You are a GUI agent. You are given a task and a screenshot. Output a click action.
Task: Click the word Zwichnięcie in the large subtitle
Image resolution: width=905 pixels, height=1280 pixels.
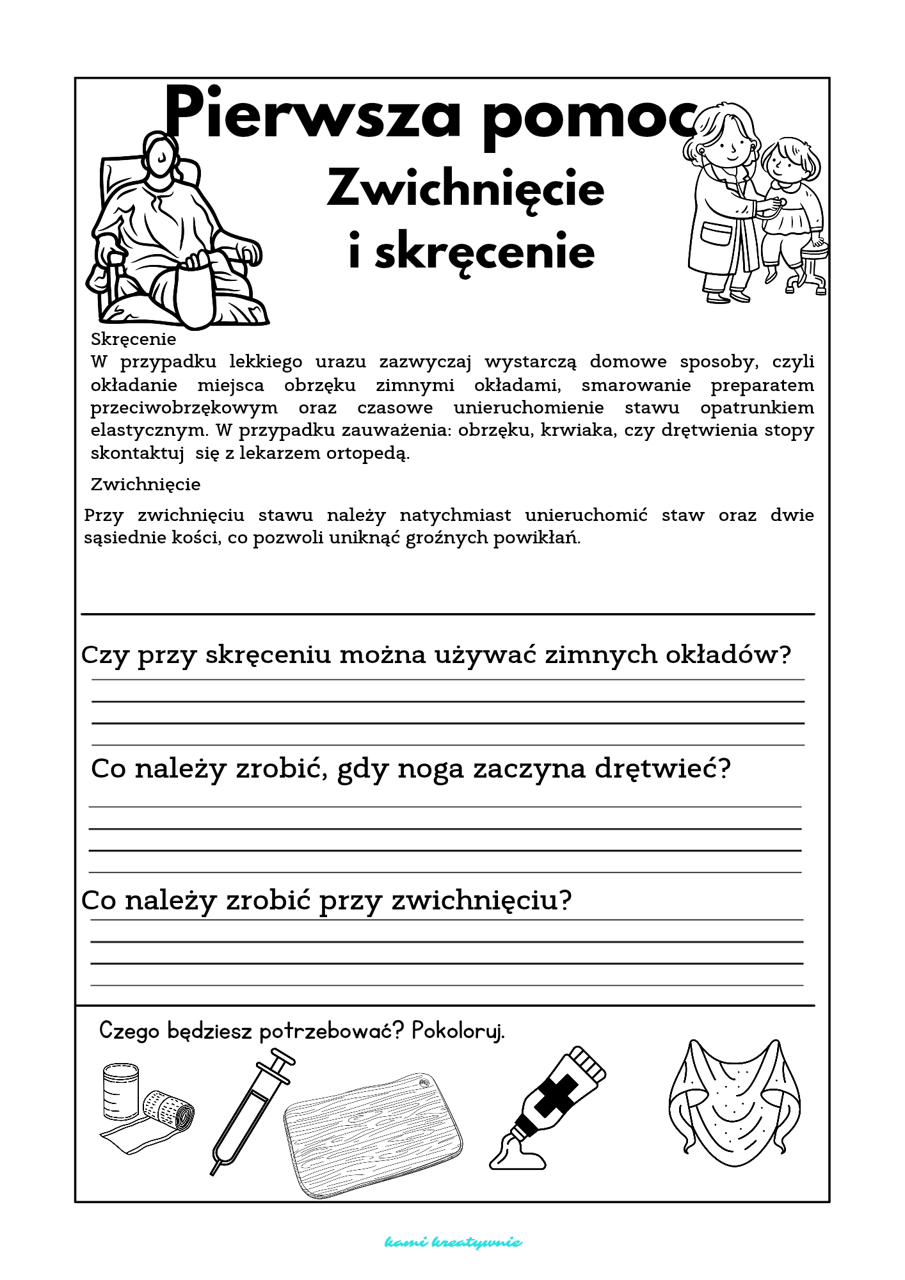click(465, 189)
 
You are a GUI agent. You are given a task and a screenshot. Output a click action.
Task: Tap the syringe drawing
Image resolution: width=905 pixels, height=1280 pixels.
click(251, 1110)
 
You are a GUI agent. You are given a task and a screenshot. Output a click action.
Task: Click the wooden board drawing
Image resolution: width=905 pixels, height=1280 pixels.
click(373, 1133)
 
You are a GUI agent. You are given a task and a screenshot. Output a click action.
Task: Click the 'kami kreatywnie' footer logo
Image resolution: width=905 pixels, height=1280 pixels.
click(452, 1242)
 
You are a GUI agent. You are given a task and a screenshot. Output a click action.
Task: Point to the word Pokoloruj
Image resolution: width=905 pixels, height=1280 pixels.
click(458, 1031)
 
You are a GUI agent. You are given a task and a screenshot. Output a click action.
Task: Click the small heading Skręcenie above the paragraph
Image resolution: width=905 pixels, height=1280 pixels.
click(133, 339)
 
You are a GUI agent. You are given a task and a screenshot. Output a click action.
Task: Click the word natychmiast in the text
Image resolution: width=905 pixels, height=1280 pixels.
click(455, 515)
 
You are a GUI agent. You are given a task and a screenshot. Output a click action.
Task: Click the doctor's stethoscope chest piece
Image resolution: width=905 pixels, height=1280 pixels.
click(780, 204)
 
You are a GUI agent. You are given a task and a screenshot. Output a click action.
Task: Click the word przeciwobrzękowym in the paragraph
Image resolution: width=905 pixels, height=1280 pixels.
click(184, 408)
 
